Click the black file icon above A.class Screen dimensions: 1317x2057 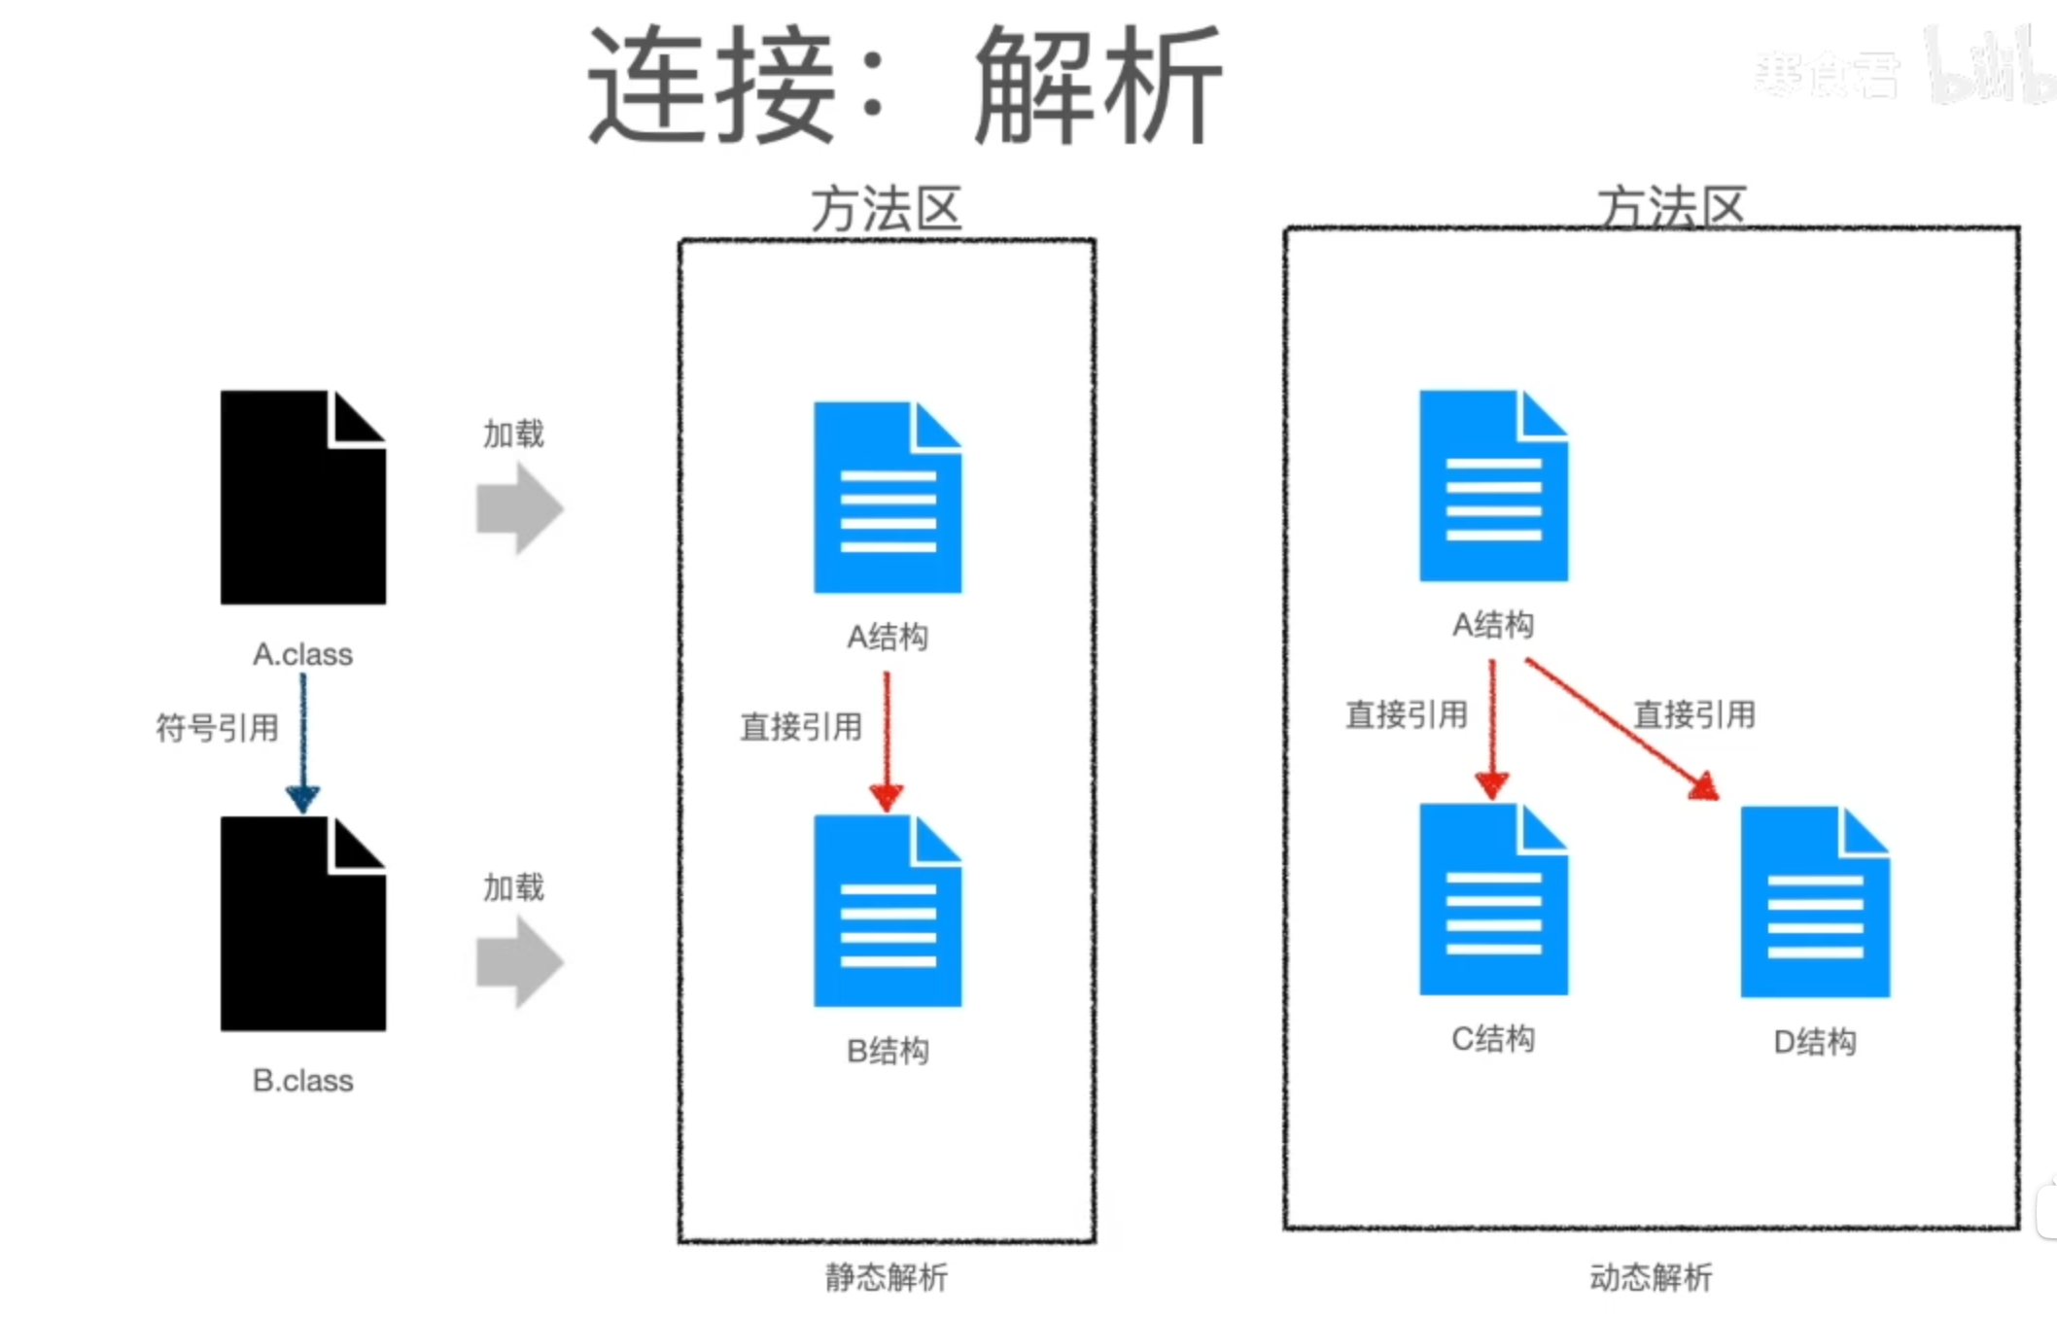pyautogui.click(x=302, y=498)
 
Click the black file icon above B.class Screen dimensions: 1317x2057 pyautogui.click(x=302, y=923)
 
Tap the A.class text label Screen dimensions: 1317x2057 pyautogui.click(x=302, y=654)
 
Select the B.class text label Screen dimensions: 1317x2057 pyautogui.click(x=302, y=1080)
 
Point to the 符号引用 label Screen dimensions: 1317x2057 pyautogui.click(x=218, y=727)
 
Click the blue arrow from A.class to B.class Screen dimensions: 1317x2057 pyautogui.click(x=302, y=739)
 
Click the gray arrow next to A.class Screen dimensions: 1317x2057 pyautogui.click(x=519, y=508)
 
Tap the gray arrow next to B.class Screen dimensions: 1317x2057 pyautogui.click(x=519, y=962)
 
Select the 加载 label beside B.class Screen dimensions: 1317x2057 pyautogui.click(x=513, y=886)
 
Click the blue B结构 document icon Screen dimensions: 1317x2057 pyautogui.click(x=888, y=911)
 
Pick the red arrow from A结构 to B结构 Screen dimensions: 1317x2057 pyautogui.click(x=887, y=739)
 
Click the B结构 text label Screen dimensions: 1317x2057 pyautogui.click(x=888, y=1051)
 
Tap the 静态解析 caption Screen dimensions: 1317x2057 pyautogui.click(x=886, y=1276)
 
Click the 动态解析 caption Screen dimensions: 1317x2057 pyautogui.click(x=1651, y=1276)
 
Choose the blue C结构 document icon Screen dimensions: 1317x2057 pyautogui.click(x=1493, y=899)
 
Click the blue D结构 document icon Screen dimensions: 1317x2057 pyautogui.click(x=1815, y=902)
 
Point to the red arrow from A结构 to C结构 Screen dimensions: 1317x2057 pyautogui.click(x=1492, y=729)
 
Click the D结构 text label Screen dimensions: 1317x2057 pyautogui.click(x=1815, y=1042)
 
